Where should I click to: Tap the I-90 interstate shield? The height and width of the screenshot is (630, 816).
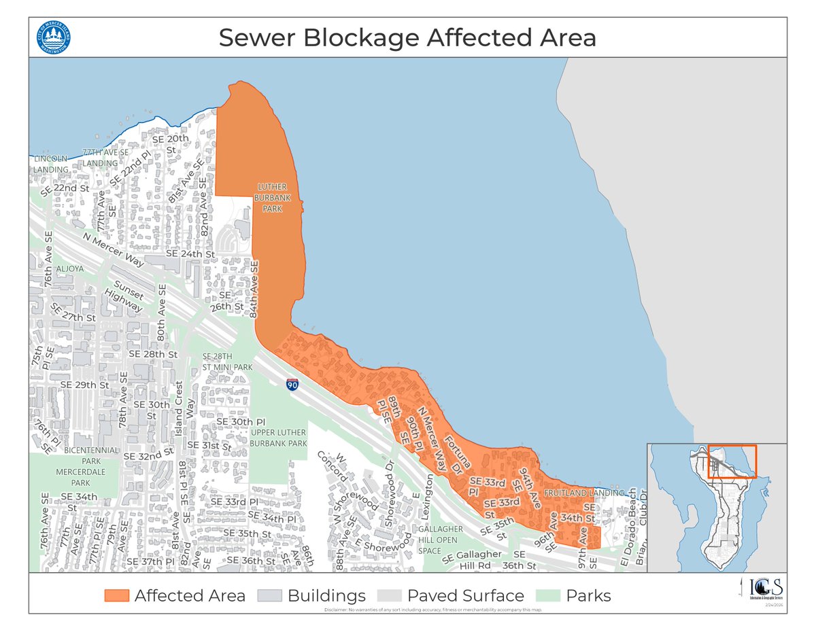tap(292, 385)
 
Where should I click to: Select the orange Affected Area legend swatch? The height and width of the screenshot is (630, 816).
tap(116, 595)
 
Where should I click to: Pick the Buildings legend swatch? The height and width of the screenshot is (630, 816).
tap(270, 595)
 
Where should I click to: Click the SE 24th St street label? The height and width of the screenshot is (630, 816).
tap(190, 253)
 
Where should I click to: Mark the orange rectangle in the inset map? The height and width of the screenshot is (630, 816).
tap(732, 461)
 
